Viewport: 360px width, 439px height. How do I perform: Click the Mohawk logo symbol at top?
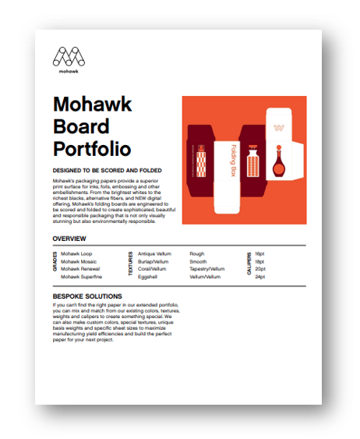(x=70, y=56)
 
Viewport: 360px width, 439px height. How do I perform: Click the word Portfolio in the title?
(x=92, y=148)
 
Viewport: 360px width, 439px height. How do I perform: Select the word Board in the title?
(x=80, y=126)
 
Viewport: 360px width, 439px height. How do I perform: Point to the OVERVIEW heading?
(x=69, y=239)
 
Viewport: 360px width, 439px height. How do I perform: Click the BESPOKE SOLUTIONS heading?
(x=87, y=296)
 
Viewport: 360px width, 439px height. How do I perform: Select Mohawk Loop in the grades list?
(x=76, y=254)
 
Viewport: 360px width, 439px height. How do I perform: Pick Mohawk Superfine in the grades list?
(x=81, y=276)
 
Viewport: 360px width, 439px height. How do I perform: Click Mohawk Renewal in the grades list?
(x=80, y=269)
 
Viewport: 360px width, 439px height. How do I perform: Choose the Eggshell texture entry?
(x=148, y=276)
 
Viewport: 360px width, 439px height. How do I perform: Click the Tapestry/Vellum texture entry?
(x=206, y=269)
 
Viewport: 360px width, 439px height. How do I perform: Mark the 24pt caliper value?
(x=260, y=276)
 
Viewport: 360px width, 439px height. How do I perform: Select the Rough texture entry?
(x=198, y=254)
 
